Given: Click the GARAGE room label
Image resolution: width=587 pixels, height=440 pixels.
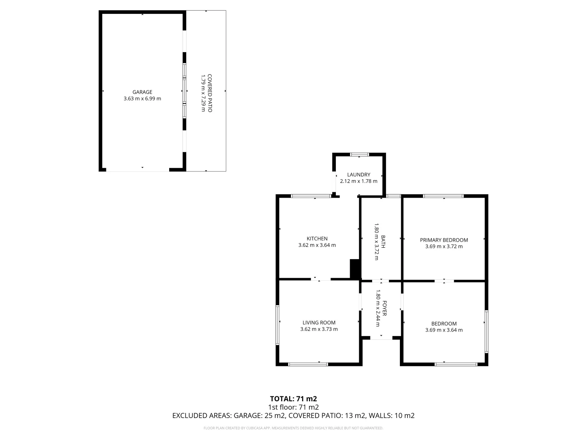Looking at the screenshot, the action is [x=142, y=92].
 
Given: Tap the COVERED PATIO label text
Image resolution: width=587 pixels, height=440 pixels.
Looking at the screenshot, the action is [x=210, y=93].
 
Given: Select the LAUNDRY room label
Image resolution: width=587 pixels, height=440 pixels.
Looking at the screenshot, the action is [x=359, y=174].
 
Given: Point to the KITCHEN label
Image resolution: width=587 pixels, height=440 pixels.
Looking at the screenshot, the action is [x=317, y=239].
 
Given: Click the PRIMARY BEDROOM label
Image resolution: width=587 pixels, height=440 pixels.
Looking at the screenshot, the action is [x=444, y=240].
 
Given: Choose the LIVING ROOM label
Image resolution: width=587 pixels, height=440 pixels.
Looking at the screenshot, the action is [x=319, y=322].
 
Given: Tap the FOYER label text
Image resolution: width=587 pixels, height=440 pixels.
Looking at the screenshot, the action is [x=384, y=308].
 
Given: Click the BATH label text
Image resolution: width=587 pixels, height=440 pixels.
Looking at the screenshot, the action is [x=383, y=242].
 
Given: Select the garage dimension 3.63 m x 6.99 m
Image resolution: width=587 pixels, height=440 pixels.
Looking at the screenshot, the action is [x=142, y=99].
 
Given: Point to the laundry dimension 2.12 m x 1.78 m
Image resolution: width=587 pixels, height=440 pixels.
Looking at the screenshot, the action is [x=359, y=181].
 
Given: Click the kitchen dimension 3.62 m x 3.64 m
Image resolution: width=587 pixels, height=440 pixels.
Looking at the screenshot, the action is [x=317, y=245].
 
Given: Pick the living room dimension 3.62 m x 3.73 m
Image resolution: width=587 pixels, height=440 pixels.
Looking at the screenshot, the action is [x=319, y=329].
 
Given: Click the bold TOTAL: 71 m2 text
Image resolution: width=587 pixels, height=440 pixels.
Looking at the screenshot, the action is [x=293, y=398].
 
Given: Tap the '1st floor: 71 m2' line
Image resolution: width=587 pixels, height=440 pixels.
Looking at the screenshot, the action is [x=293, y=407].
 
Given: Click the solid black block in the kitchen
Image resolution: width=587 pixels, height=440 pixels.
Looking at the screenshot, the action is [x=355, y=269].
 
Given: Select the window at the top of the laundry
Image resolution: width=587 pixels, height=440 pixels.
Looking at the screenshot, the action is [x=360, y=154].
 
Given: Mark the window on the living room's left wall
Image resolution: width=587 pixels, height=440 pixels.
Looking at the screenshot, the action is [x=277, y=325].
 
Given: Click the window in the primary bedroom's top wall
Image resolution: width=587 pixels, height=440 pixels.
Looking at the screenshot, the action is [x=443, y=196].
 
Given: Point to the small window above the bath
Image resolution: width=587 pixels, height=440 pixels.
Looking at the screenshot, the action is [x=393, y=196].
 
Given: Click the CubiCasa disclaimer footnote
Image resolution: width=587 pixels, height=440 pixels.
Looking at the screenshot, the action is [x=293, y=428].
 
